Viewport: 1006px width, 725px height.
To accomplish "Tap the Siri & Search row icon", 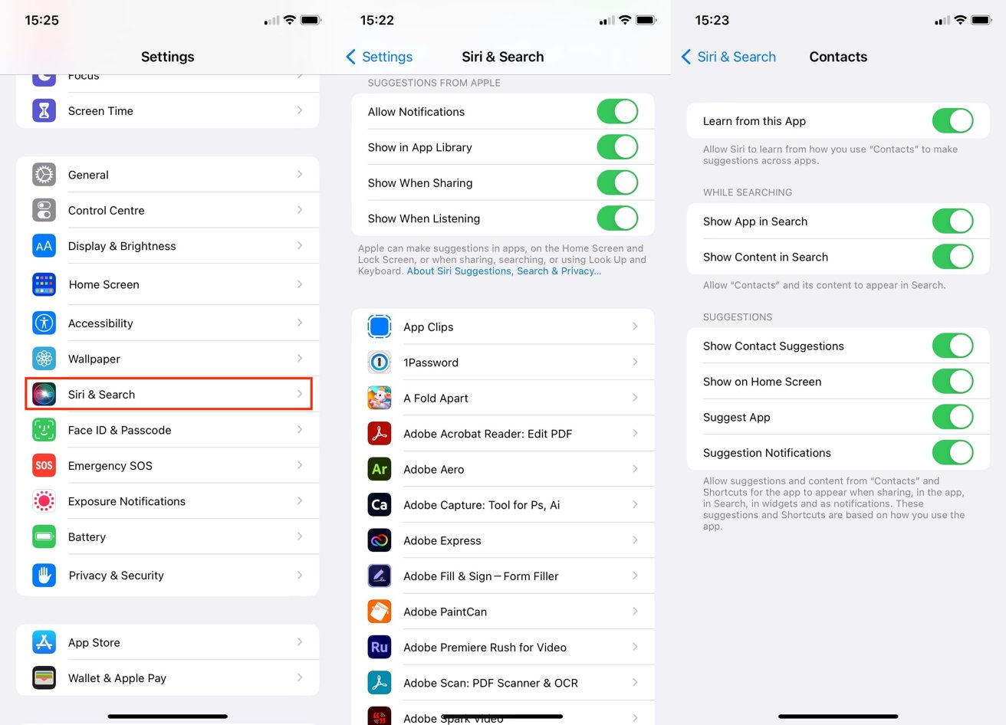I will (x=44, y=394).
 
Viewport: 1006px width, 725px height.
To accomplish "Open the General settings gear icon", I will (x=44, y=175).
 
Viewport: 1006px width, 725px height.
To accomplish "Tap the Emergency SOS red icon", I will (x=44, y=465).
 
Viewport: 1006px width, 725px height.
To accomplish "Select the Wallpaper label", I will (x=94, y=359).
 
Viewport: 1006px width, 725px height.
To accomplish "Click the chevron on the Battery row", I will (x=300, y=536).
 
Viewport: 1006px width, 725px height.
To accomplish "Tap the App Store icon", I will (x=44, y=642).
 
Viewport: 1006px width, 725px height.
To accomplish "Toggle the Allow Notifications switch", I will (x=617, y=111).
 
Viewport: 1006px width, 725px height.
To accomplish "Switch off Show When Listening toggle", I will (x=617, y=218).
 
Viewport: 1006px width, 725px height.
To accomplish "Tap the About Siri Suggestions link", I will (x=504, y=271).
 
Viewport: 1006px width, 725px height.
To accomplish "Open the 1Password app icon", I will (x=380, y=362).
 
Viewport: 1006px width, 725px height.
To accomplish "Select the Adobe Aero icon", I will (x=380, y=469).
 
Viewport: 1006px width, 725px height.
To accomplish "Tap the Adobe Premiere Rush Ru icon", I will (x=380, y=647).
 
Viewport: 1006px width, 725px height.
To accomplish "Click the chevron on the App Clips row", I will (x=635, y=326).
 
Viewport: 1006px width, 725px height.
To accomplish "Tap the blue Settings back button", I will (x=380, y=57).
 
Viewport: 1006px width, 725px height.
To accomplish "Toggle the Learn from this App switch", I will (x=952, y=121).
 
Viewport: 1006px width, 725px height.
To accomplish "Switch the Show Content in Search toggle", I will (x=952, y=257).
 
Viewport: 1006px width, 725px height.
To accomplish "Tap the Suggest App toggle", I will (x=952, y=417).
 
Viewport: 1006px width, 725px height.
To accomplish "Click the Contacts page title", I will (x=838, y=57).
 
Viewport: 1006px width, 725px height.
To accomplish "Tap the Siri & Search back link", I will (x=728, y=57).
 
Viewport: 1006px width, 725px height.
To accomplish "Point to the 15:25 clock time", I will (x=42, y=21).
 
